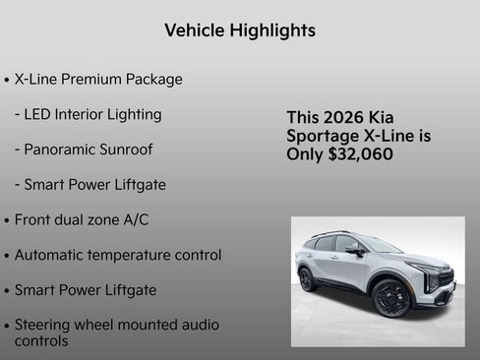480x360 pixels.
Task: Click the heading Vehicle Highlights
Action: pyautogui.click(x=240, y=30)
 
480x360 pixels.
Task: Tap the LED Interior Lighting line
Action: pyautogui.click(x=89, y=114)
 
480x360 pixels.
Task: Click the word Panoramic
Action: pyautogui.click(x=59, y=150)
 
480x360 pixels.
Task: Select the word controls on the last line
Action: pyautogui.click(x=41, y=340)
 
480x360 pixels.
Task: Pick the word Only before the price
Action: pyautogui.click(x=304, y=154)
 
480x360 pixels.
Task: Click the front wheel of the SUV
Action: pyautogui.click(x=392, y=298)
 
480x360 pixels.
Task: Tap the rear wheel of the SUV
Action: pyautogui.click(x=308, y=279)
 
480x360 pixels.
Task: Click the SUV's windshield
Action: pyautogui.click(x=378, y=245)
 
